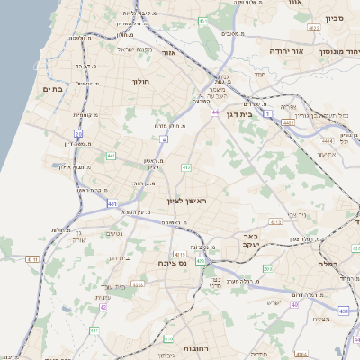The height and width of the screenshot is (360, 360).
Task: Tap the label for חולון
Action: [x=141, y=83]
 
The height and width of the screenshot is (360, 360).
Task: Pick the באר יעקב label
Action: [x=249, y=239]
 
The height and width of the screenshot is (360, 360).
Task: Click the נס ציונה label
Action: [x=170, y=263]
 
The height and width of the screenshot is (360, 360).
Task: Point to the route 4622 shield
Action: [x=313, y=30]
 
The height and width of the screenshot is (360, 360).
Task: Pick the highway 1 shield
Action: [x=268, y=113]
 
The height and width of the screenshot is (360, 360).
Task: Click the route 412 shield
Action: [x=185, y=167]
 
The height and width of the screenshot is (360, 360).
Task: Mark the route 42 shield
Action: [x=103, y=307]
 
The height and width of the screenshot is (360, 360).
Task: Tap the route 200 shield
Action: [x=267, y=269]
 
